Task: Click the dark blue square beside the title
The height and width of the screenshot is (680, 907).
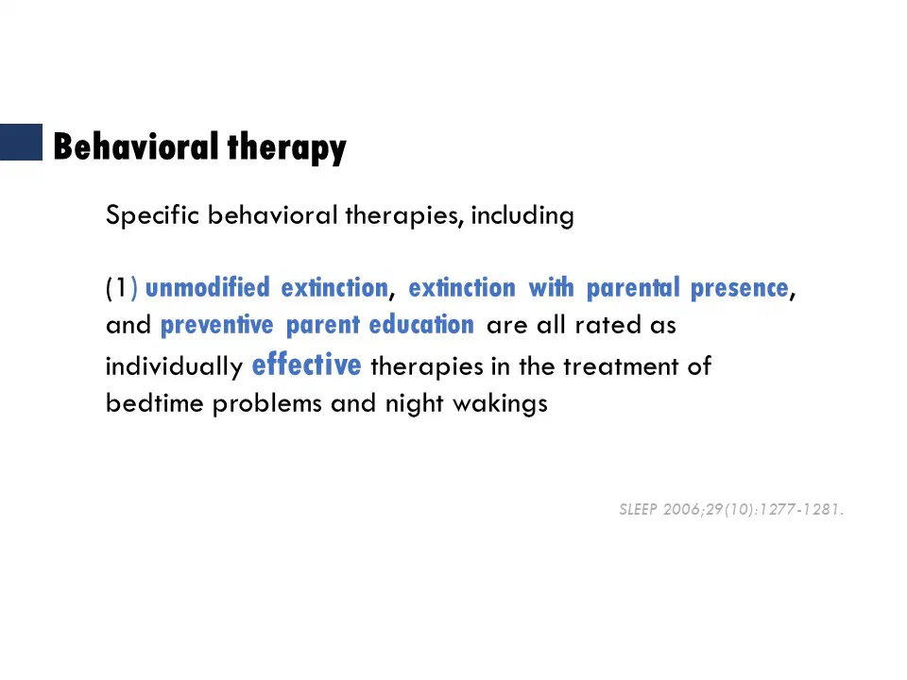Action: pos(21,142)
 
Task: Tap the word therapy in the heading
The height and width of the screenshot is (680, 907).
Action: pos(287,148)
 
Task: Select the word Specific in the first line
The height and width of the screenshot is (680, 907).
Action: pos(153,215)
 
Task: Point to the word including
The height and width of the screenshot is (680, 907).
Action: pos(522,215)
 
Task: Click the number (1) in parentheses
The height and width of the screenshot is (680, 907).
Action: pos(122,287)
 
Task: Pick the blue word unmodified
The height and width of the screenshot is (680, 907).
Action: pos(208,287)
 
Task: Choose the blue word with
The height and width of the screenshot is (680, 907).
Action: pos(551,287)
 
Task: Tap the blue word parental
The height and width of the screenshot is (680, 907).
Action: pos(633,289)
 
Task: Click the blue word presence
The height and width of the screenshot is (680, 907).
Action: pos(740,289)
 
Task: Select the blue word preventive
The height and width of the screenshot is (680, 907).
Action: pos(217,326)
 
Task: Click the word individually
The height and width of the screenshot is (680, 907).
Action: pos(174,366)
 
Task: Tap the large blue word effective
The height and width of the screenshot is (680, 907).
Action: pos(306,365)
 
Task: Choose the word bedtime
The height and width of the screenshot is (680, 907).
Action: pos(154,403)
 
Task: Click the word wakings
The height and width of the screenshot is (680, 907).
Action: pos(500,404)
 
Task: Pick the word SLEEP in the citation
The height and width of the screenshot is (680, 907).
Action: pos(638,509)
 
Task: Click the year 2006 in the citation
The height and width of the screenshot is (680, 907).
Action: pos(681,509)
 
